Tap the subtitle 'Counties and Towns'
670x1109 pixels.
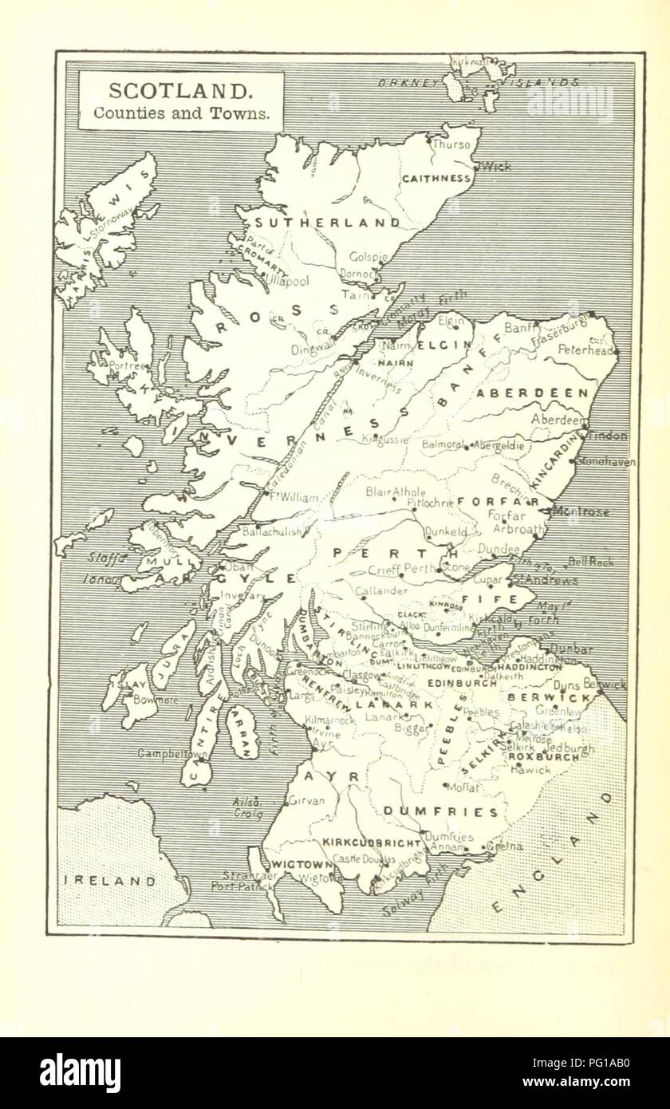click(x=181, y=112)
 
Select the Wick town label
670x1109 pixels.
click(x=495, y=167)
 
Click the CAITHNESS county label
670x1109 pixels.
click(x=436, y=179)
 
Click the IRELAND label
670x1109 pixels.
click(x=110, y=881)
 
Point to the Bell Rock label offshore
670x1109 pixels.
click(x=590, y=562)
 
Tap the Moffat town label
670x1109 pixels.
click(x=463, y=787)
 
